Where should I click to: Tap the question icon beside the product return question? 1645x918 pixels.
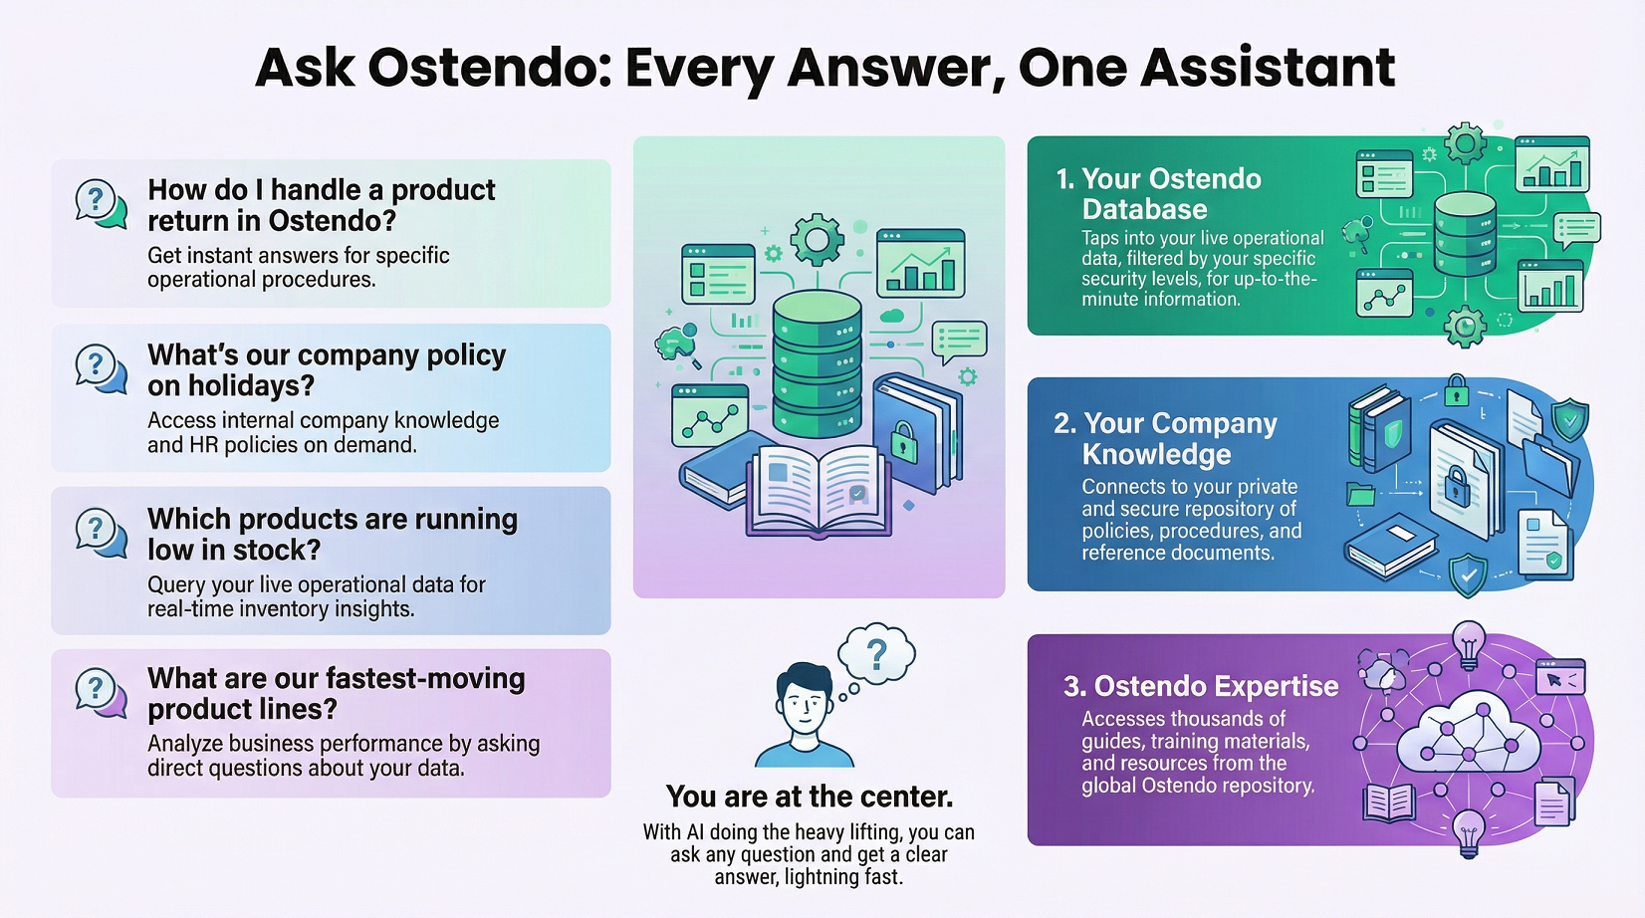coord(101,203)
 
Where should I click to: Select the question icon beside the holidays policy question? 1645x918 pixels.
coord(101,367)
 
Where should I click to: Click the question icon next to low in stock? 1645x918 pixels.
coord(101,532)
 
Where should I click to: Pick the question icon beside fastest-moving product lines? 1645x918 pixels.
coord(101,691)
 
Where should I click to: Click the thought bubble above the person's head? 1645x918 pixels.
coord(876,654)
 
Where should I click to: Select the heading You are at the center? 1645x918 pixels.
coord(809,797)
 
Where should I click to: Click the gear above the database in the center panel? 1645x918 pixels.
coord(817,239)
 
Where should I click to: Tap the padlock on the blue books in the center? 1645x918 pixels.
coord(903,440)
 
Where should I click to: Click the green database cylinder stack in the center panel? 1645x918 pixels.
coord(817,363)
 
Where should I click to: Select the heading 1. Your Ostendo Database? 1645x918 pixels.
coord(1158,194)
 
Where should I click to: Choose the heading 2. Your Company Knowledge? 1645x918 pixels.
coord(1165,438)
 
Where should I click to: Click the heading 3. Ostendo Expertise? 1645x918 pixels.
coord(1201,686)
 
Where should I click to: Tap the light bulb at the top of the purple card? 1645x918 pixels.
coord(1468,642)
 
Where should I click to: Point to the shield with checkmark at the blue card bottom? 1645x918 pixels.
coord(1467,574)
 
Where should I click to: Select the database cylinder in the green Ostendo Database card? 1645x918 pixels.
coord(1464,234)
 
